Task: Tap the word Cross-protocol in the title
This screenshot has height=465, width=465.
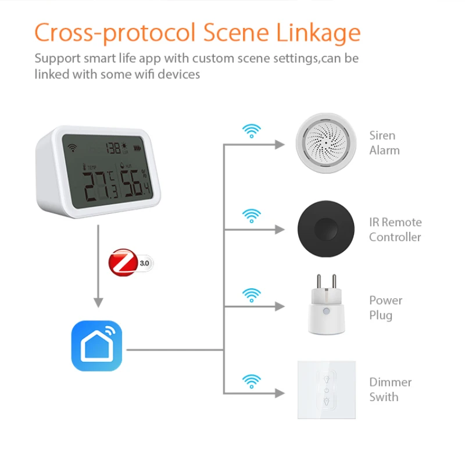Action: (x=115, y=33)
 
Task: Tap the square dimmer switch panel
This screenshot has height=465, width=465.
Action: (x=327, y=389)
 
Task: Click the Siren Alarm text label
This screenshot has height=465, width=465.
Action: (x=384, y=143)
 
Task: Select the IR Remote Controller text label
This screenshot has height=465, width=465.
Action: (x=395, y=230)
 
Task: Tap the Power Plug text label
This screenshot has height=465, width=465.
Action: (x=385, y=308)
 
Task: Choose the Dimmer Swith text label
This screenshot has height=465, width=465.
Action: (x=390, y=389)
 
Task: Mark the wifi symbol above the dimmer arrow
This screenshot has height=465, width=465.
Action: (x=251, y=381)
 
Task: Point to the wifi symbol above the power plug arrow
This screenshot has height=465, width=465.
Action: (x=251, y=294)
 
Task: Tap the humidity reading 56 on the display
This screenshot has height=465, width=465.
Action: (x=133, y=185)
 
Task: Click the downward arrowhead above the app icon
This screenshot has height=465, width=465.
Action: (x=98, y=302)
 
